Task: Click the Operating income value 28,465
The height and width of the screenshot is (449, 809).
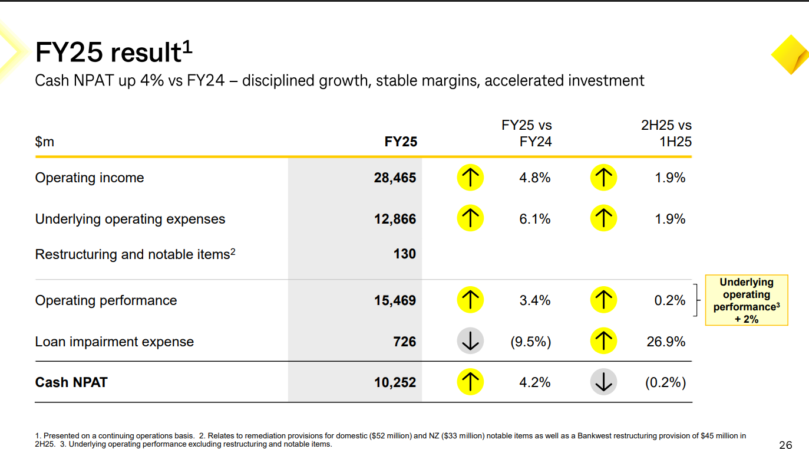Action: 395,178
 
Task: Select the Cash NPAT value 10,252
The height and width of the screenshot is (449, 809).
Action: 395,382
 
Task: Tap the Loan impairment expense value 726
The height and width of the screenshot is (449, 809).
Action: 404,342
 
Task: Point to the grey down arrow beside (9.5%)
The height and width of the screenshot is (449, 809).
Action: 470,341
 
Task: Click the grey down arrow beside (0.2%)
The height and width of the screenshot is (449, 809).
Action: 603,382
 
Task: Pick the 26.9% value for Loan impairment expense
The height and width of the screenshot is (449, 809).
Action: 666,342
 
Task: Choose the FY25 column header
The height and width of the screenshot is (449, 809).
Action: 401,142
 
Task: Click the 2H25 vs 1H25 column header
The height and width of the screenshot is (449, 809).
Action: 666,133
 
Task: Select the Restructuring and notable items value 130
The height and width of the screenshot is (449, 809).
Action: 404,254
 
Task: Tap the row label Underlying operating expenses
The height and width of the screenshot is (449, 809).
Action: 130,219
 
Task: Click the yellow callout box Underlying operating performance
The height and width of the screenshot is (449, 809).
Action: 747,300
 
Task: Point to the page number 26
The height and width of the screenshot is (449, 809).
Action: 785,444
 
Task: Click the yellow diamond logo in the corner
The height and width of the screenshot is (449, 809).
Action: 790,55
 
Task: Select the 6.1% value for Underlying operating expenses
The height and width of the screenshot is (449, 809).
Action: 535,219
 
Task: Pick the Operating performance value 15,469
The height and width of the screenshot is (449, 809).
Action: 395,300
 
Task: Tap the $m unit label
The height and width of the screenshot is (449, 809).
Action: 44,142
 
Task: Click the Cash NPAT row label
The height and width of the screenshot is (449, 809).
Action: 71,382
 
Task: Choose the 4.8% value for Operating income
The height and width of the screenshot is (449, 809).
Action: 535,178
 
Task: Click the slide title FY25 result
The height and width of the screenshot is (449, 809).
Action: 114,52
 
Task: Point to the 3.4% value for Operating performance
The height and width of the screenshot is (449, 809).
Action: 535,300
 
